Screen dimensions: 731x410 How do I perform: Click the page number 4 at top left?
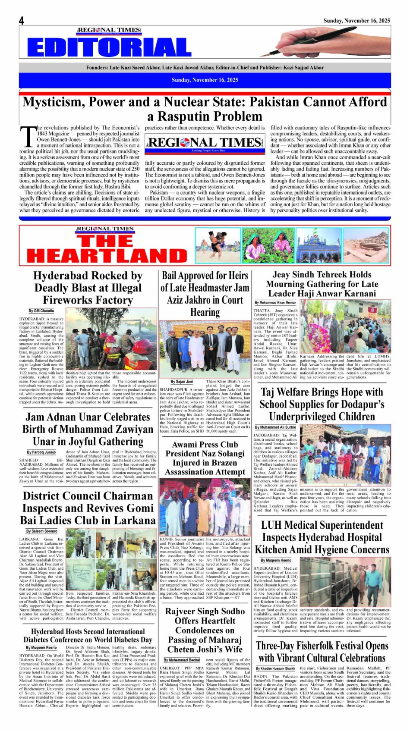point(21,21)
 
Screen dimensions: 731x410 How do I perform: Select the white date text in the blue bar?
point(205,80)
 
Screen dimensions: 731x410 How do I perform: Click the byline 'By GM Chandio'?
point(41,311)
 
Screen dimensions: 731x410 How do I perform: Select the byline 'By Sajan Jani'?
point(182,382)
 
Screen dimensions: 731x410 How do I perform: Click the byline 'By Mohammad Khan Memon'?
point(275,303)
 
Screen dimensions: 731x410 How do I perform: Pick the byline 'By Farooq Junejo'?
point(41,452)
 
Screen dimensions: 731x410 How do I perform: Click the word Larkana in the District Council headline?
point(135,520)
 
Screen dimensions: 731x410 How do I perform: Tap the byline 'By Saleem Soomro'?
point(41,531)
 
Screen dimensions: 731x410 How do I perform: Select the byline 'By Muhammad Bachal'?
point(182,660)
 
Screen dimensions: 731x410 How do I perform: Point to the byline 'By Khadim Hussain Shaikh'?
point(275,668)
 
